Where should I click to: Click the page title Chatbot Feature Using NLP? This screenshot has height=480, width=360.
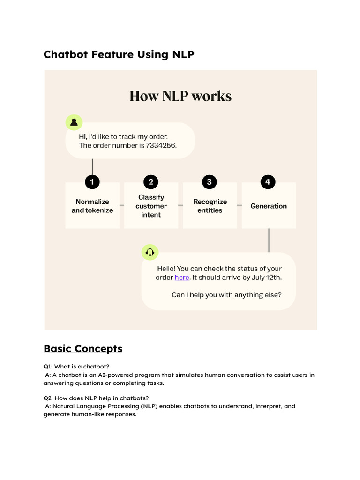[x=119, y=54]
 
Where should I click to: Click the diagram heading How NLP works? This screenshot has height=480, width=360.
[x=180, y=96]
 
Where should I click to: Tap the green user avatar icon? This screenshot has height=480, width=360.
[x=74, y=122]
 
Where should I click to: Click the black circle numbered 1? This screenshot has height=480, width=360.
[x=92, y=182]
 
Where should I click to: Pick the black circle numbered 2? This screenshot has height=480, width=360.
[x=151, y=182]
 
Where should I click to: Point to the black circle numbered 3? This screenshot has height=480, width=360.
[x=210, y=182]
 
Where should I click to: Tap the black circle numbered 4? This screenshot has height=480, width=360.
[x=268, y=182]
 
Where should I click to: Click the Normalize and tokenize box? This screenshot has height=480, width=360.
[x=92, y=206]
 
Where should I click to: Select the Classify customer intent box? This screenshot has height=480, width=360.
[x=151, y=206]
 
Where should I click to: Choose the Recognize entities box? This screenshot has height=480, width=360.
[x=210, y=206]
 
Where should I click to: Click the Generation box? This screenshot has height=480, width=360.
[x=269, y=206]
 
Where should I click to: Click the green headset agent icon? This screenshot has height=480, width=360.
[x=150, y=253]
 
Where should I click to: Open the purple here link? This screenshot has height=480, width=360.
[x=182, y=277]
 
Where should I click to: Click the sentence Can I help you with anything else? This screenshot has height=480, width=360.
[x=226, y=295]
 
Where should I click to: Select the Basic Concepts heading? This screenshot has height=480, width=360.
[x=83, y=349]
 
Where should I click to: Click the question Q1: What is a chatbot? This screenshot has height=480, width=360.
[x=76, y=366]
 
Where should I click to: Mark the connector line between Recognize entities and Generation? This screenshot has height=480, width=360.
[x=239, y=205]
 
